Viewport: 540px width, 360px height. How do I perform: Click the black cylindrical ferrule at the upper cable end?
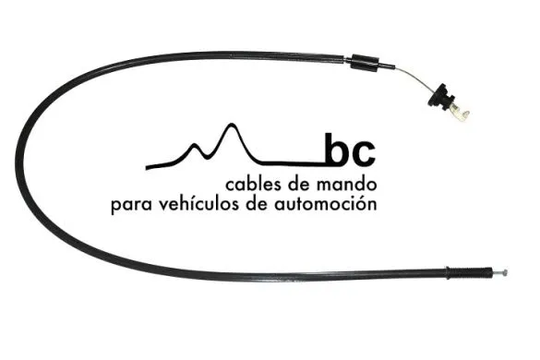361,64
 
